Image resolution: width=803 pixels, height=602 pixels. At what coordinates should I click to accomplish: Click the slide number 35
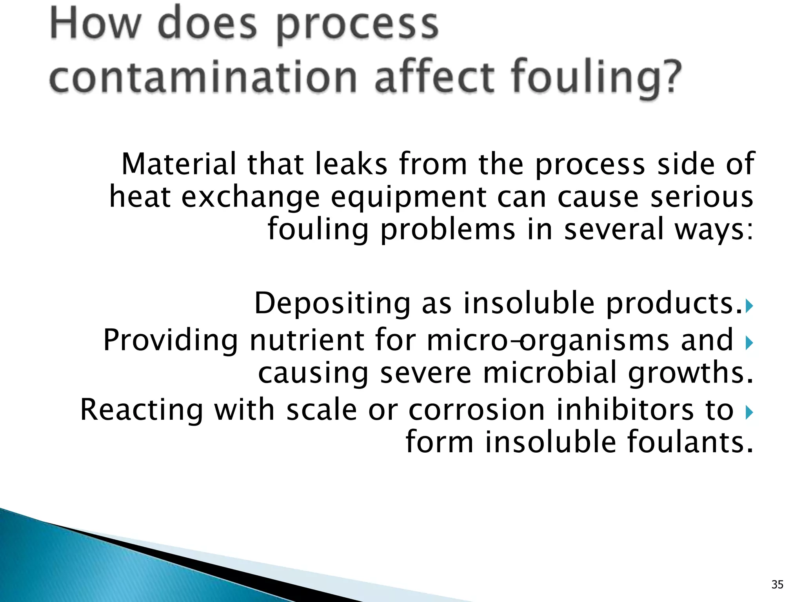tap(777, 584)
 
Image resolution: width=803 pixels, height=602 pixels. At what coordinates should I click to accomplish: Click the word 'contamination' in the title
tap(203, 76)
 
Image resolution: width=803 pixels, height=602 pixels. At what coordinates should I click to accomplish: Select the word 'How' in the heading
tap(95, 24)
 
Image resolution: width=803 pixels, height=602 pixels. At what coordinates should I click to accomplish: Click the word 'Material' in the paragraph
tap(179, 164)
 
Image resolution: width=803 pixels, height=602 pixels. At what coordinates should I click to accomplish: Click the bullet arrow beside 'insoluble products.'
tap(749, 306)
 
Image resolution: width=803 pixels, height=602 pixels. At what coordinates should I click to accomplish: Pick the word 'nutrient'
tap(307, 340)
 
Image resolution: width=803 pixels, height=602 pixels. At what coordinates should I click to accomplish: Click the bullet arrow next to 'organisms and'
tap(749, 343)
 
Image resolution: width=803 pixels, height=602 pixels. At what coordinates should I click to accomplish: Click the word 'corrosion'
tap(477, 410)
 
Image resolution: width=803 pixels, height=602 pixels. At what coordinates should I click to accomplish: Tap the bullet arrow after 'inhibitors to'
tap(749, 412)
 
